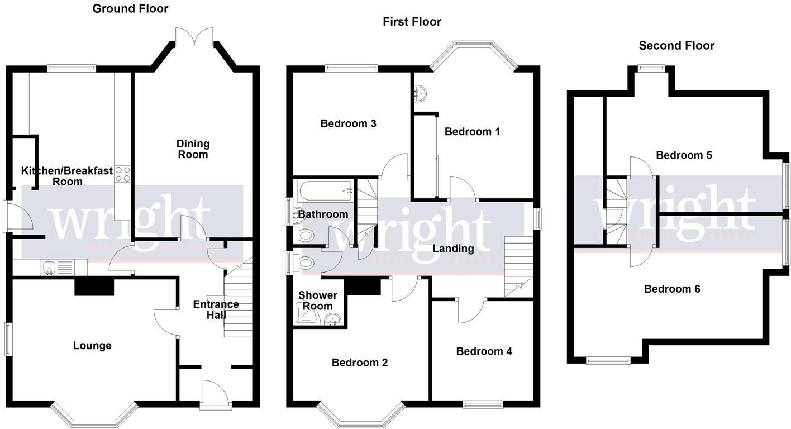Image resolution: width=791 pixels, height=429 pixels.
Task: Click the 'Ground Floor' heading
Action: [130, 8]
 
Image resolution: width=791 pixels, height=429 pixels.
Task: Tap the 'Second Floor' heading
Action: [676, 46]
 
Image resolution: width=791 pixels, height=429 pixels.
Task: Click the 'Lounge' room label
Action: [92, 346]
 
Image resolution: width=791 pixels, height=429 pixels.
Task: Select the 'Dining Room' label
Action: [193, 149]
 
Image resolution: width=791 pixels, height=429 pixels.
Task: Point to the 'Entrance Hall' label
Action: [216, 309]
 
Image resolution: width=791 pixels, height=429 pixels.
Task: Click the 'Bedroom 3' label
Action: [348, 123]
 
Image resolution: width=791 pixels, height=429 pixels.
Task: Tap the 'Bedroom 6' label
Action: [672, 289]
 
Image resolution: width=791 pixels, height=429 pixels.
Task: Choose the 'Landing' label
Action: [453, 249]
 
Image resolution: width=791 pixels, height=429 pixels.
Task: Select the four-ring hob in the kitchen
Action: [122, 175]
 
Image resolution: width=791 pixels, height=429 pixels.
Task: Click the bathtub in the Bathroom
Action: [325, 191]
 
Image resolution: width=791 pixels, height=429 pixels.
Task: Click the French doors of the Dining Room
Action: [194, 39]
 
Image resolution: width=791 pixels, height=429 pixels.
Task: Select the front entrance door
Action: [215, 394]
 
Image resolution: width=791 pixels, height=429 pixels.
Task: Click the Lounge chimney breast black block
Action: [94, 287]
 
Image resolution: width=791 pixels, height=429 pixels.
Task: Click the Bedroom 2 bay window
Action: [361, 416]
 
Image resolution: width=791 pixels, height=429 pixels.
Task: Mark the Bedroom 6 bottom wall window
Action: [608, 361]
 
